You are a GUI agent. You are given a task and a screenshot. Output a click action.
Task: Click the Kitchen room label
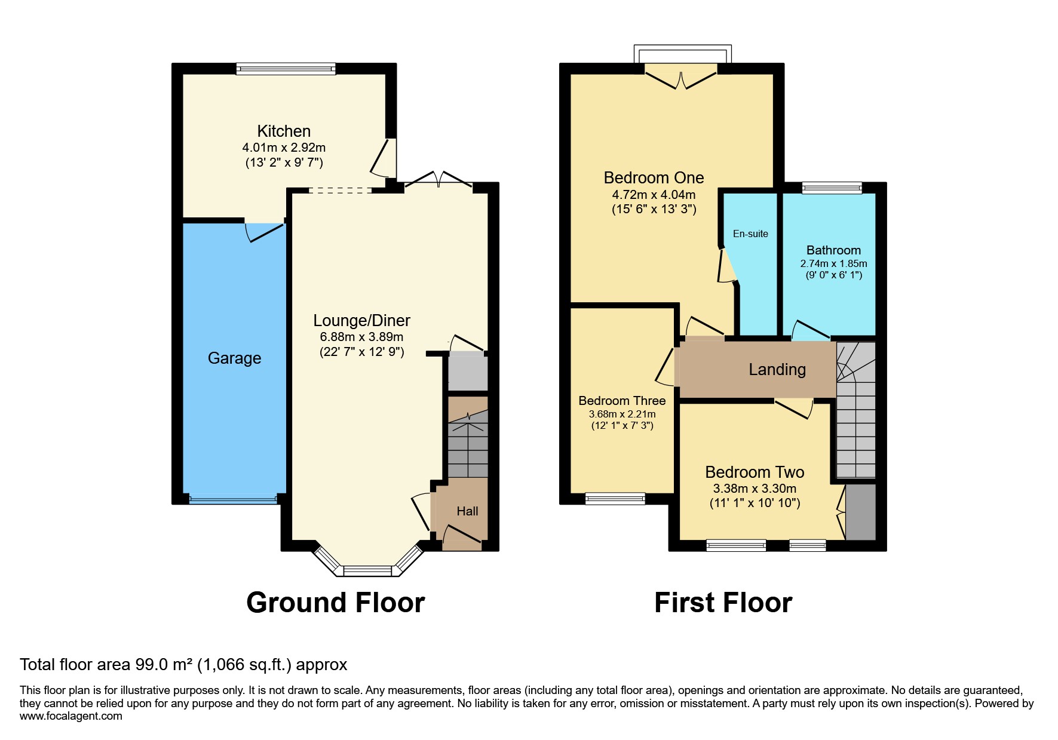(x=284, y=131)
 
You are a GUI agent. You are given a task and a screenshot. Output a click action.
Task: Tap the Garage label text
(x=234, y=358)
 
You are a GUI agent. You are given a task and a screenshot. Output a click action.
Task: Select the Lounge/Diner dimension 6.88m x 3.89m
(x=361, y=337)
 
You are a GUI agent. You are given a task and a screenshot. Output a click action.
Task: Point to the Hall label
(x=467, y=511)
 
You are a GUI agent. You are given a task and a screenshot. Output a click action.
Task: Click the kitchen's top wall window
(x=286, y=69)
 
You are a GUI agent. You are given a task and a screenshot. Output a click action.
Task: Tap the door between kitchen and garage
(x=264, y=232)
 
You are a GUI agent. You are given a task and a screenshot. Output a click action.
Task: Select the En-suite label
(x=750, y=234)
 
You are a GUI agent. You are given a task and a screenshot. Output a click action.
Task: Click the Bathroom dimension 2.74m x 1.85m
(x=833, y=263)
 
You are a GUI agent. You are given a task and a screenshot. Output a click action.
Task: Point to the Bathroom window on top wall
(x=832, y=188)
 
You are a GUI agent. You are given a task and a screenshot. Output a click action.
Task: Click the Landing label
(x=777, y=370)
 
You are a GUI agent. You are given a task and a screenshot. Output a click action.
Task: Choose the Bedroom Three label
(x=622, y=401)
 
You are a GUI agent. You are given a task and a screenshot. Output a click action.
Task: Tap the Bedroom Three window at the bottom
(x=615, y=498)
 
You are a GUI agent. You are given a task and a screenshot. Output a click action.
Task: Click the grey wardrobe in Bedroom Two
(x=861, y=512)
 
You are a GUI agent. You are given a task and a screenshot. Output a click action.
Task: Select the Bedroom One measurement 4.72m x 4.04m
(x=654, y=195)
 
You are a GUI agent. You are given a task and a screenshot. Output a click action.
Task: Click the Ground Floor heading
(x=335, y=603)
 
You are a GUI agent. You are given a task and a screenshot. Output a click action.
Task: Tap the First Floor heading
(x=723, y=603)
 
